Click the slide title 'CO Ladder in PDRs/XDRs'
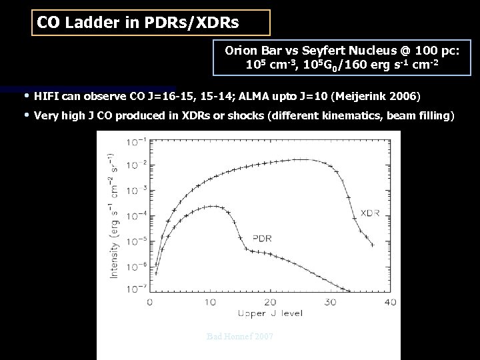click(137, 23)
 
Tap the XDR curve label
click(371, 213)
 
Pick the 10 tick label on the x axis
click(210, 303)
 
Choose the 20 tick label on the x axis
click(270, 303)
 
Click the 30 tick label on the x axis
click(330, 303)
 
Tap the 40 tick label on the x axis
click(390, 303)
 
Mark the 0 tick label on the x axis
click(150, 303)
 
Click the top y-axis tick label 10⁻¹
click(138, 141)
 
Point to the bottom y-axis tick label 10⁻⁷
click(138, 289)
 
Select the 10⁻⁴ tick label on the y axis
click(138, 215)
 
